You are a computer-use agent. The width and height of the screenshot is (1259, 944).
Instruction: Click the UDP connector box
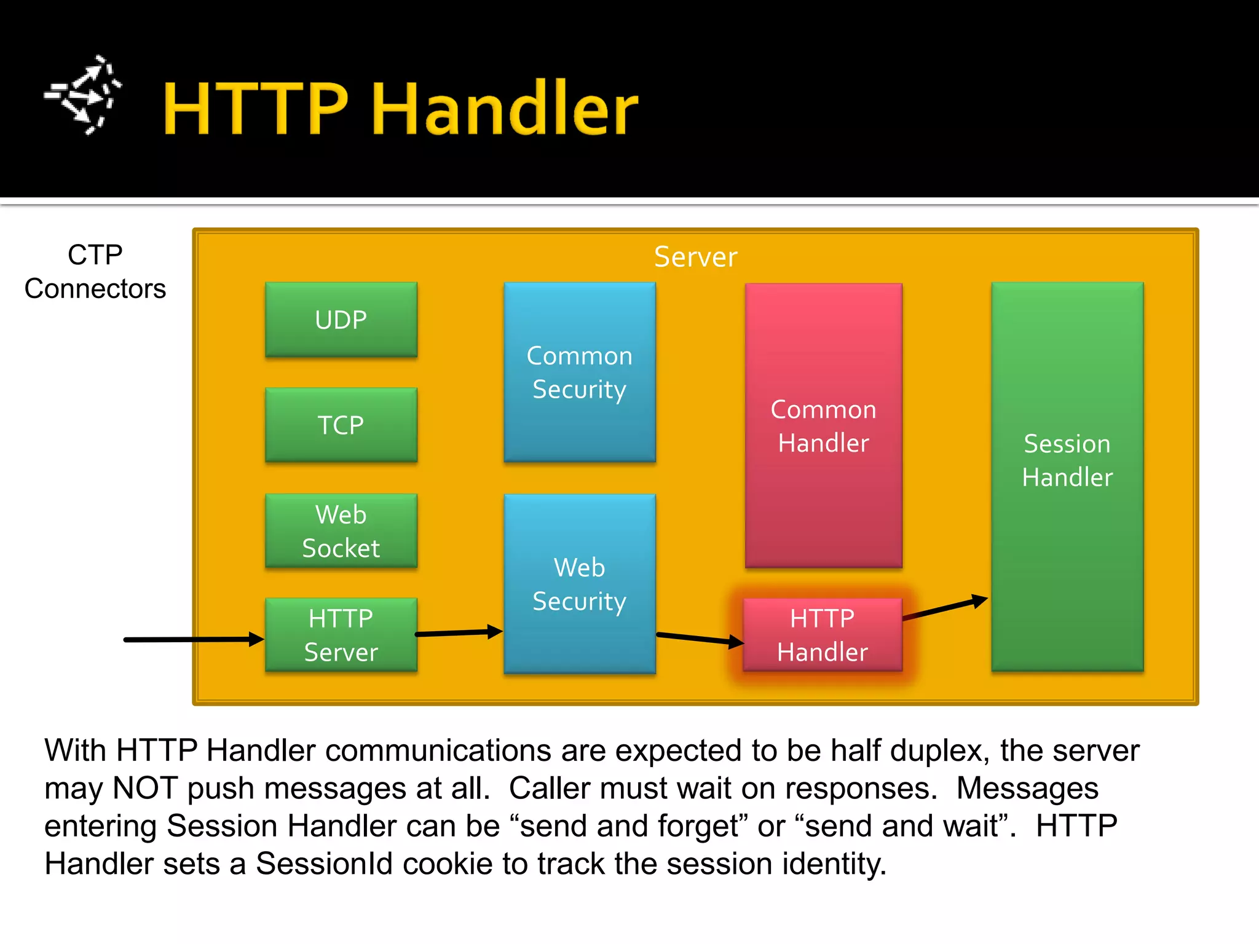(x=341, y=320)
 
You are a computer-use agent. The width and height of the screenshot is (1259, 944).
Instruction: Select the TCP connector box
(x=341, y=425)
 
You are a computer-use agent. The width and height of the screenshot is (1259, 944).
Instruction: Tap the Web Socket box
(x=341, y=530)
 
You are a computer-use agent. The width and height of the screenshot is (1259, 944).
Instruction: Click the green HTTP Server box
(x=341, y=635)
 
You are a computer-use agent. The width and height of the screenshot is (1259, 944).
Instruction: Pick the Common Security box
(x=579, y=372)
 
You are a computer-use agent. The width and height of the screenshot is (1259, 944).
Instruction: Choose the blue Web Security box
(x=579, y=584)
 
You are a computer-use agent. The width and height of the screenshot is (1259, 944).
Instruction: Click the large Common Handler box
(x=823, y=425)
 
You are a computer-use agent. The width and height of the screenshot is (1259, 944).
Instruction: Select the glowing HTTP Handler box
(x=823, y=635)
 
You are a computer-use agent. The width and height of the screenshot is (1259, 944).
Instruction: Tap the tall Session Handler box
(x=1067, y=476)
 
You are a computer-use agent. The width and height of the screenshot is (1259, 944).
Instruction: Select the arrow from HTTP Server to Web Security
(x=459, y=632)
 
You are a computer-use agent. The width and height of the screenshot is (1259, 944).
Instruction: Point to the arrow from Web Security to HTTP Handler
(x=700, y=639)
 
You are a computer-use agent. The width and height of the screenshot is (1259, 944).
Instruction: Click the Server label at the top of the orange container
(x=695, y=257)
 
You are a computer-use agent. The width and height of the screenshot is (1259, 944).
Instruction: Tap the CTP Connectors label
(x=95, y=272)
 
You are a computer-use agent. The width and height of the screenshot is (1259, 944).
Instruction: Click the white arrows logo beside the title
(x=83, y=95)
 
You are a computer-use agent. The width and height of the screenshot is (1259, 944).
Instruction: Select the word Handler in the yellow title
(x=505, y=109)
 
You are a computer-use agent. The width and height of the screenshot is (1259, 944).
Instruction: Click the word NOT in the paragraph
(x=145, y=789)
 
